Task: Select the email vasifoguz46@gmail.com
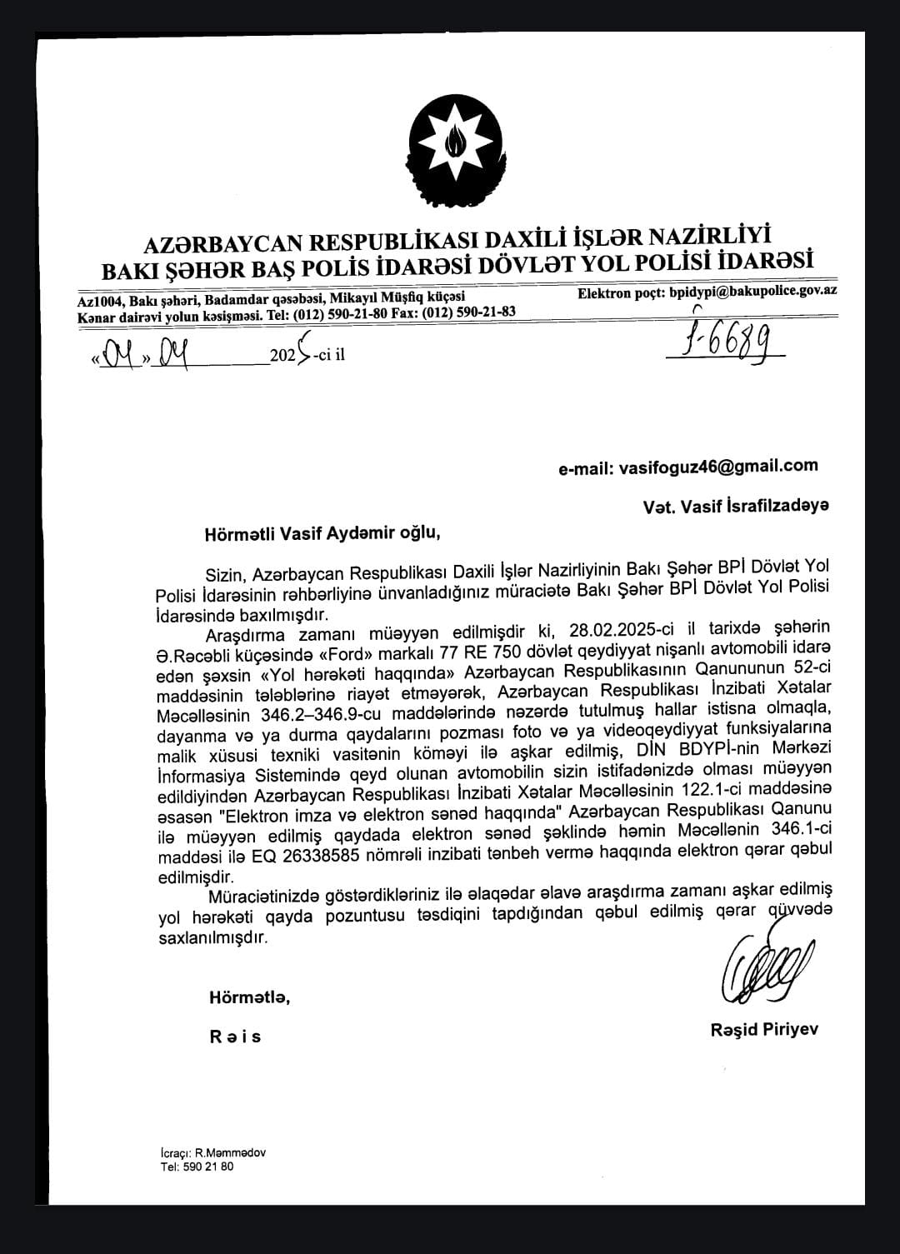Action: point(718,467)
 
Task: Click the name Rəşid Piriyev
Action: point(764,1030)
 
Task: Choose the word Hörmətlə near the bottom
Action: point(249,997)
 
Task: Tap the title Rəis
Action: point(236,1037)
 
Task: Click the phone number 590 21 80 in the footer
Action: point(208,1167)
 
